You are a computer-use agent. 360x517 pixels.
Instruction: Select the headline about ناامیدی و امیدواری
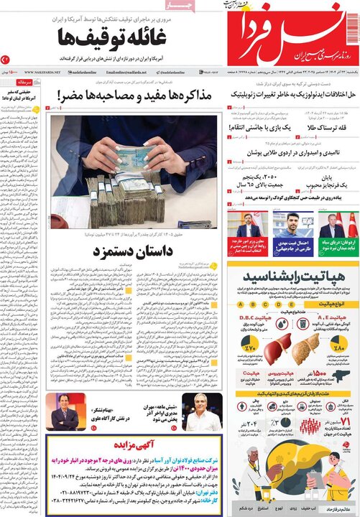[290, 153]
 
